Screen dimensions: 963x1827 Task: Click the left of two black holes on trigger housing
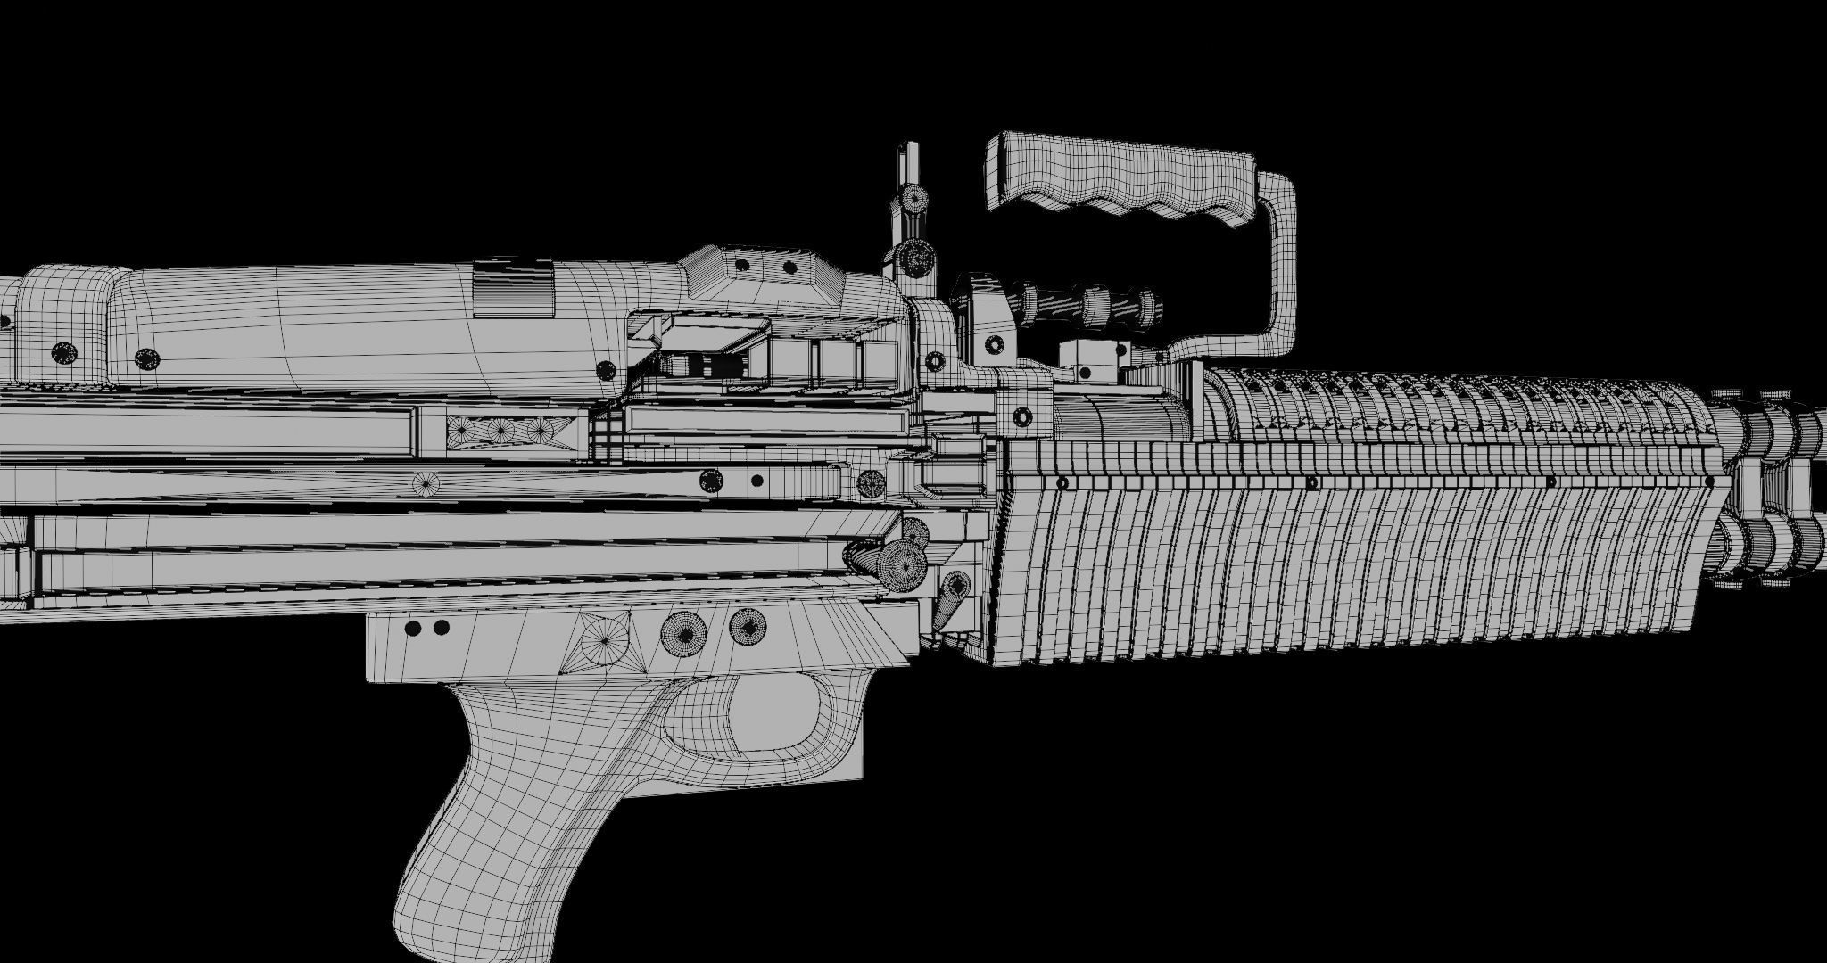pos(412,629)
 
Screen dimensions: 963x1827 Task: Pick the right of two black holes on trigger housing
pos(441,629)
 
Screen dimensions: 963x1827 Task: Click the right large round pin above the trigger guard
pos(748,627)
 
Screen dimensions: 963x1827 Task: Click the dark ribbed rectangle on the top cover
pos(511,287)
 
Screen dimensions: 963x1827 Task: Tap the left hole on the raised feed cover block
pos(740,265)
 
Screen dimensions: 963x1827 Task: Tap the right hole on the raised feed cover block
pos(789,267)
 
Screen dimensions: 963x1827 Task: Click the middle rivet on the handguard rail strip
pos(1311,482)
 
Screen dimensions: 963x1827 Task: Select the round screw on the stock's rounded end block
pos(62,353)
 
